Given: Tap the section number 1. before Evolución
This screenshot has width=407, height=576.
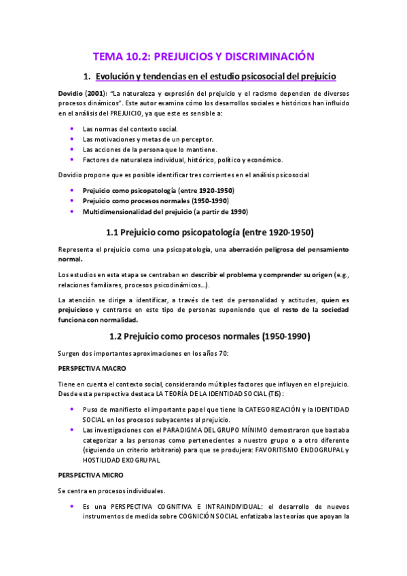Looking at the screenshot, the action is pos(86,77).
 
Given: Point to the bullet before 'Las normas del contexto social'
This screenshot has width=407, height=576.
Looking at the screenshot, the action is pos(73,128).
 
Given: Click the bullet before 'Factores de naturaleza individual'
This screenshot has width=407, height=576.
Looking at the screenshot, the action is pos(73,160).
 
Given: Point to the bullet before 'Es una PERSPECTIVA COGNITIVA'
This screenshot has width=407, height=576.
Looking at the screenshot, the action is pos(73,507).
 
